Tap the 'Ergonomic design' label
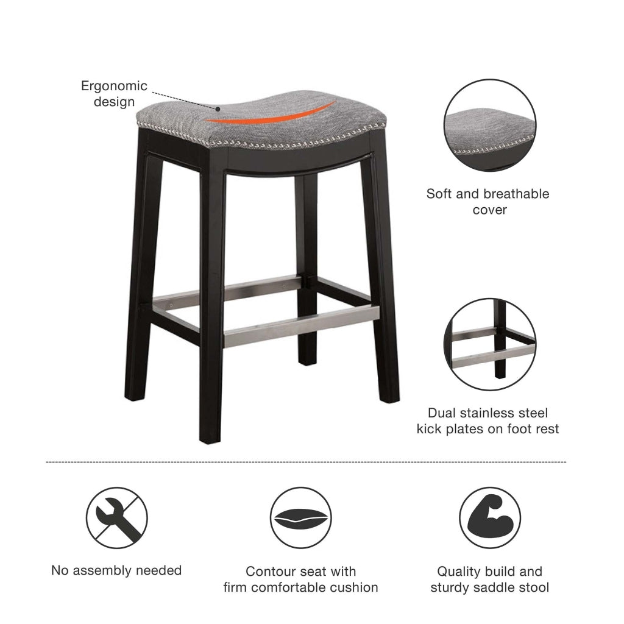pyautogui.click(x=114, y=93)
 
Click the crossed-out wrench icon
pyautogui.click(x=117, y=517)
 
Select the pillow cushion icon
pyautogui.click(x=300, y=518)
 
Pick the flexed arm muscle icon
pyautogui.click(x=489, y=518)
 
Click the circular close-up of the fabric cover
pyautogui.click(x=490, y=126)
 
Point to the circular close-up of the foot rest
pyautogui.click(x=490, y=344)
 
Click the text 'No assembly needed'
pyautogui.click(x=116, y=570)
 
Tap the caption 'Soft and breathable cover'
pyautogui.click(x=487, y=202)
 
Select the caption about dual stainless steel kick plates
pyautogui.click(x=487, y=421)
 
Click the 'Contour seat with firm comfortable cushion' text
pyautogui.click(x=300, y=580)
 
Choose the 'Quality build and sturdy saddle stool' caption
pyautogui.click(x=489, y=580)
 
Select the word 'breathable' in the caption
pyautogui.click(x=516, y=194)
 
